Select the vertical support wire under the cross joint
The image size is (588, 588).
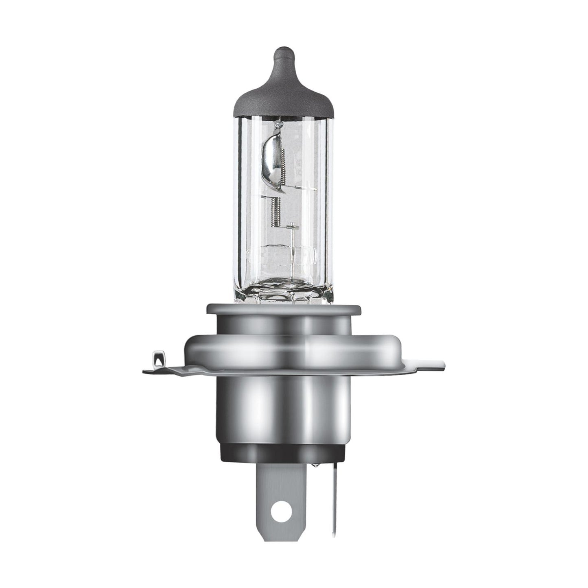(x=291, y=260)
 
